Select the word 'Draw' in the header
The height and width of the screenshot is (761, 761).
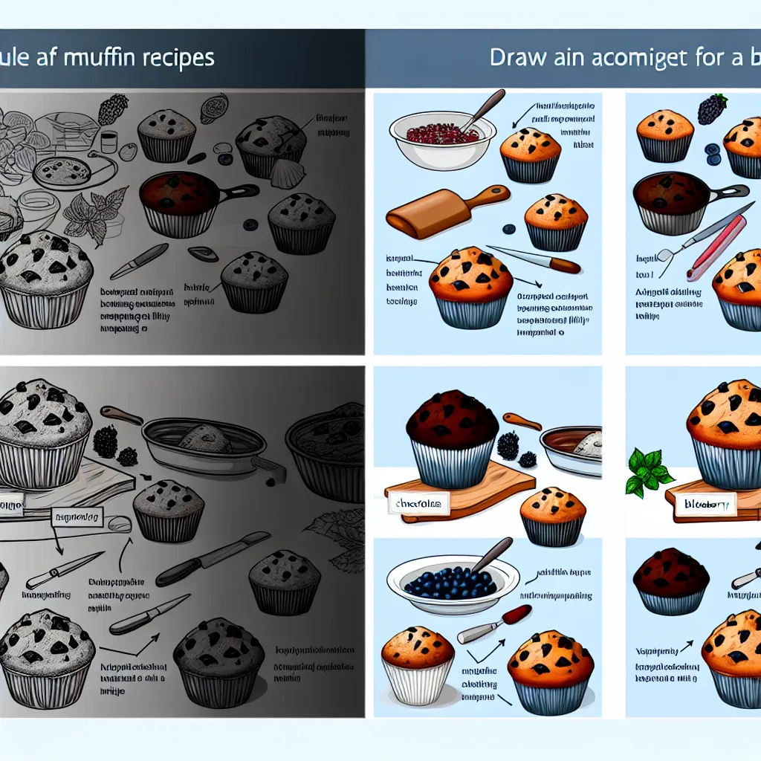point(519,59)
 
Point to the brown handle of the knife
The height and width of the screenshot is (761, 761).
point(565,265)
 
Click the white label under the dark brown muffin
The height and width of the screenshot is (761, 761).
point(418,504)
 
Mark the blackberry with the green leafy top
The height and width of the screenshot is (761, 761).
point(713,109)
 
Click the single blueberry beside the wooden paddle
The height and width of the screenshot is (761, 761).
point(510,229)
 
